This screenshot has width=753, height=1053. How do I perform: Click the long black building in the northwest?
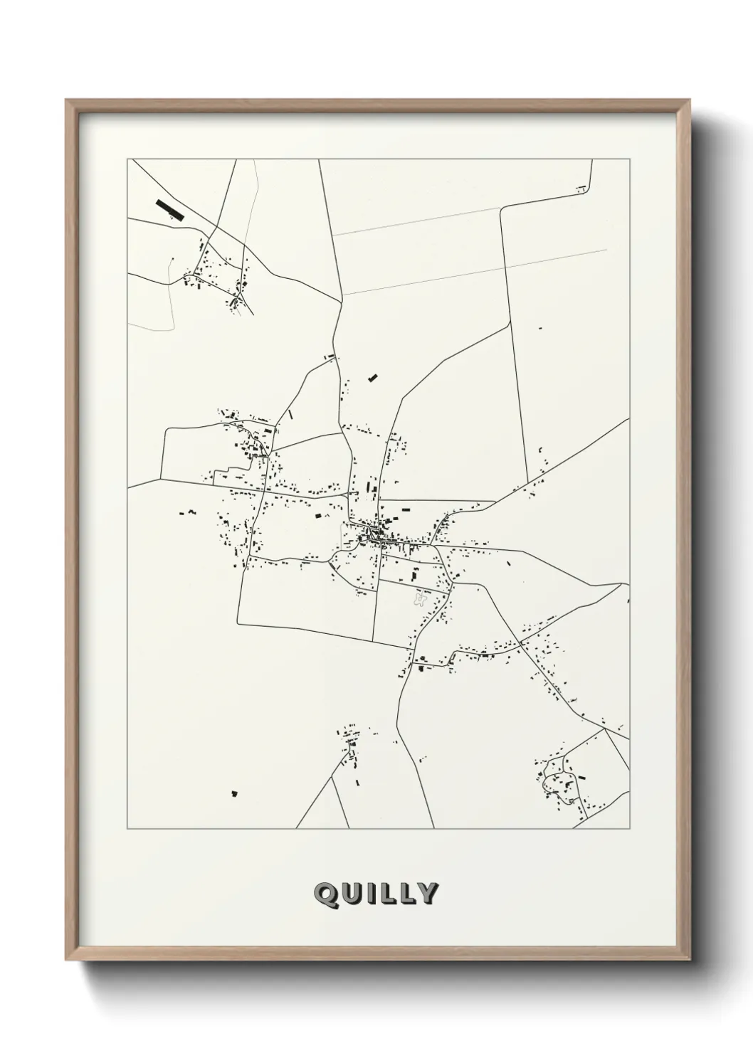169,209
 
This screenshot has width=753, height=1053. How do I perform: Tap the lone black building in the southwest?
233,793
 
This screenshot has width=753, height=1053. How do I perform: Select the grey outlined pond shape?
421,600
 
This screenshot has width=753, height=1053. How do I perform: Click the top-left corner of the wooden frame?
66,100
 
